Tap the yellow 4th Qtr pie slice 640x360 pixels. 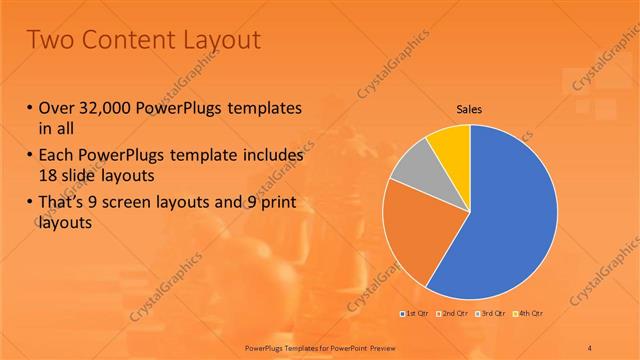click(x=452, y=146)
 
